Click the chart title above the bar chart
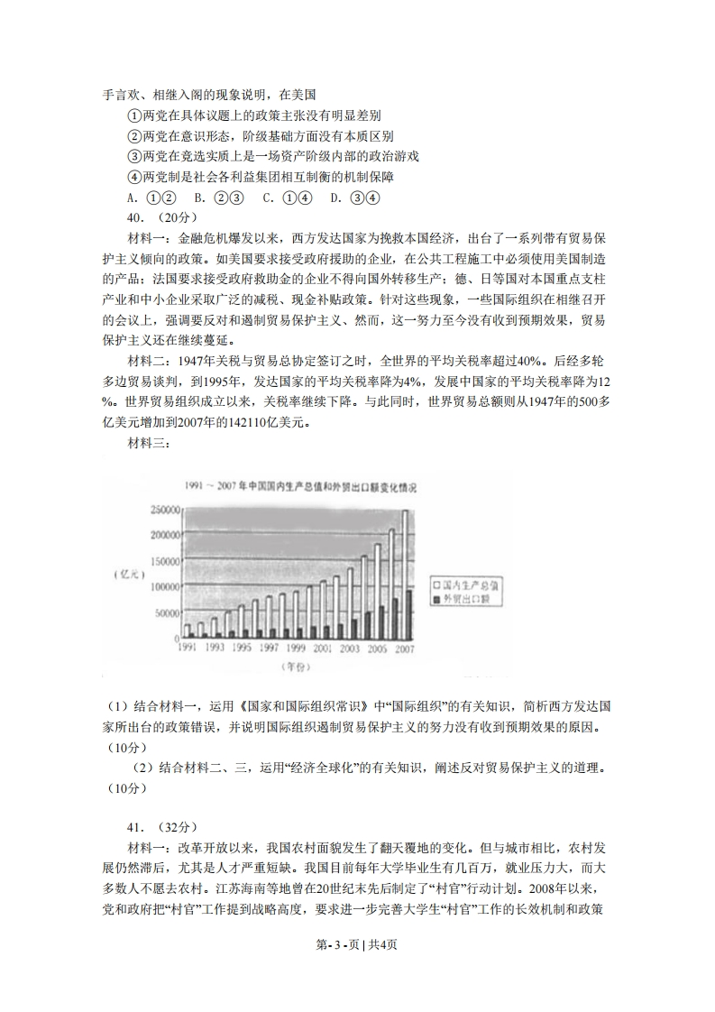click(306, 487)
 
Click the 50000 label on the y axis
click(164, 613)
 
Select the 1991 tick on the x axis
click(188, 648)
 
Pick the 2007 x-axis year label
click(404, 648)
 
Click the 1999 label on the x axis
click(296, 648)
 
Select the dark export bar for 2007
click(411, 614)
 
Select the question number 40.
click(138, 217)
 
